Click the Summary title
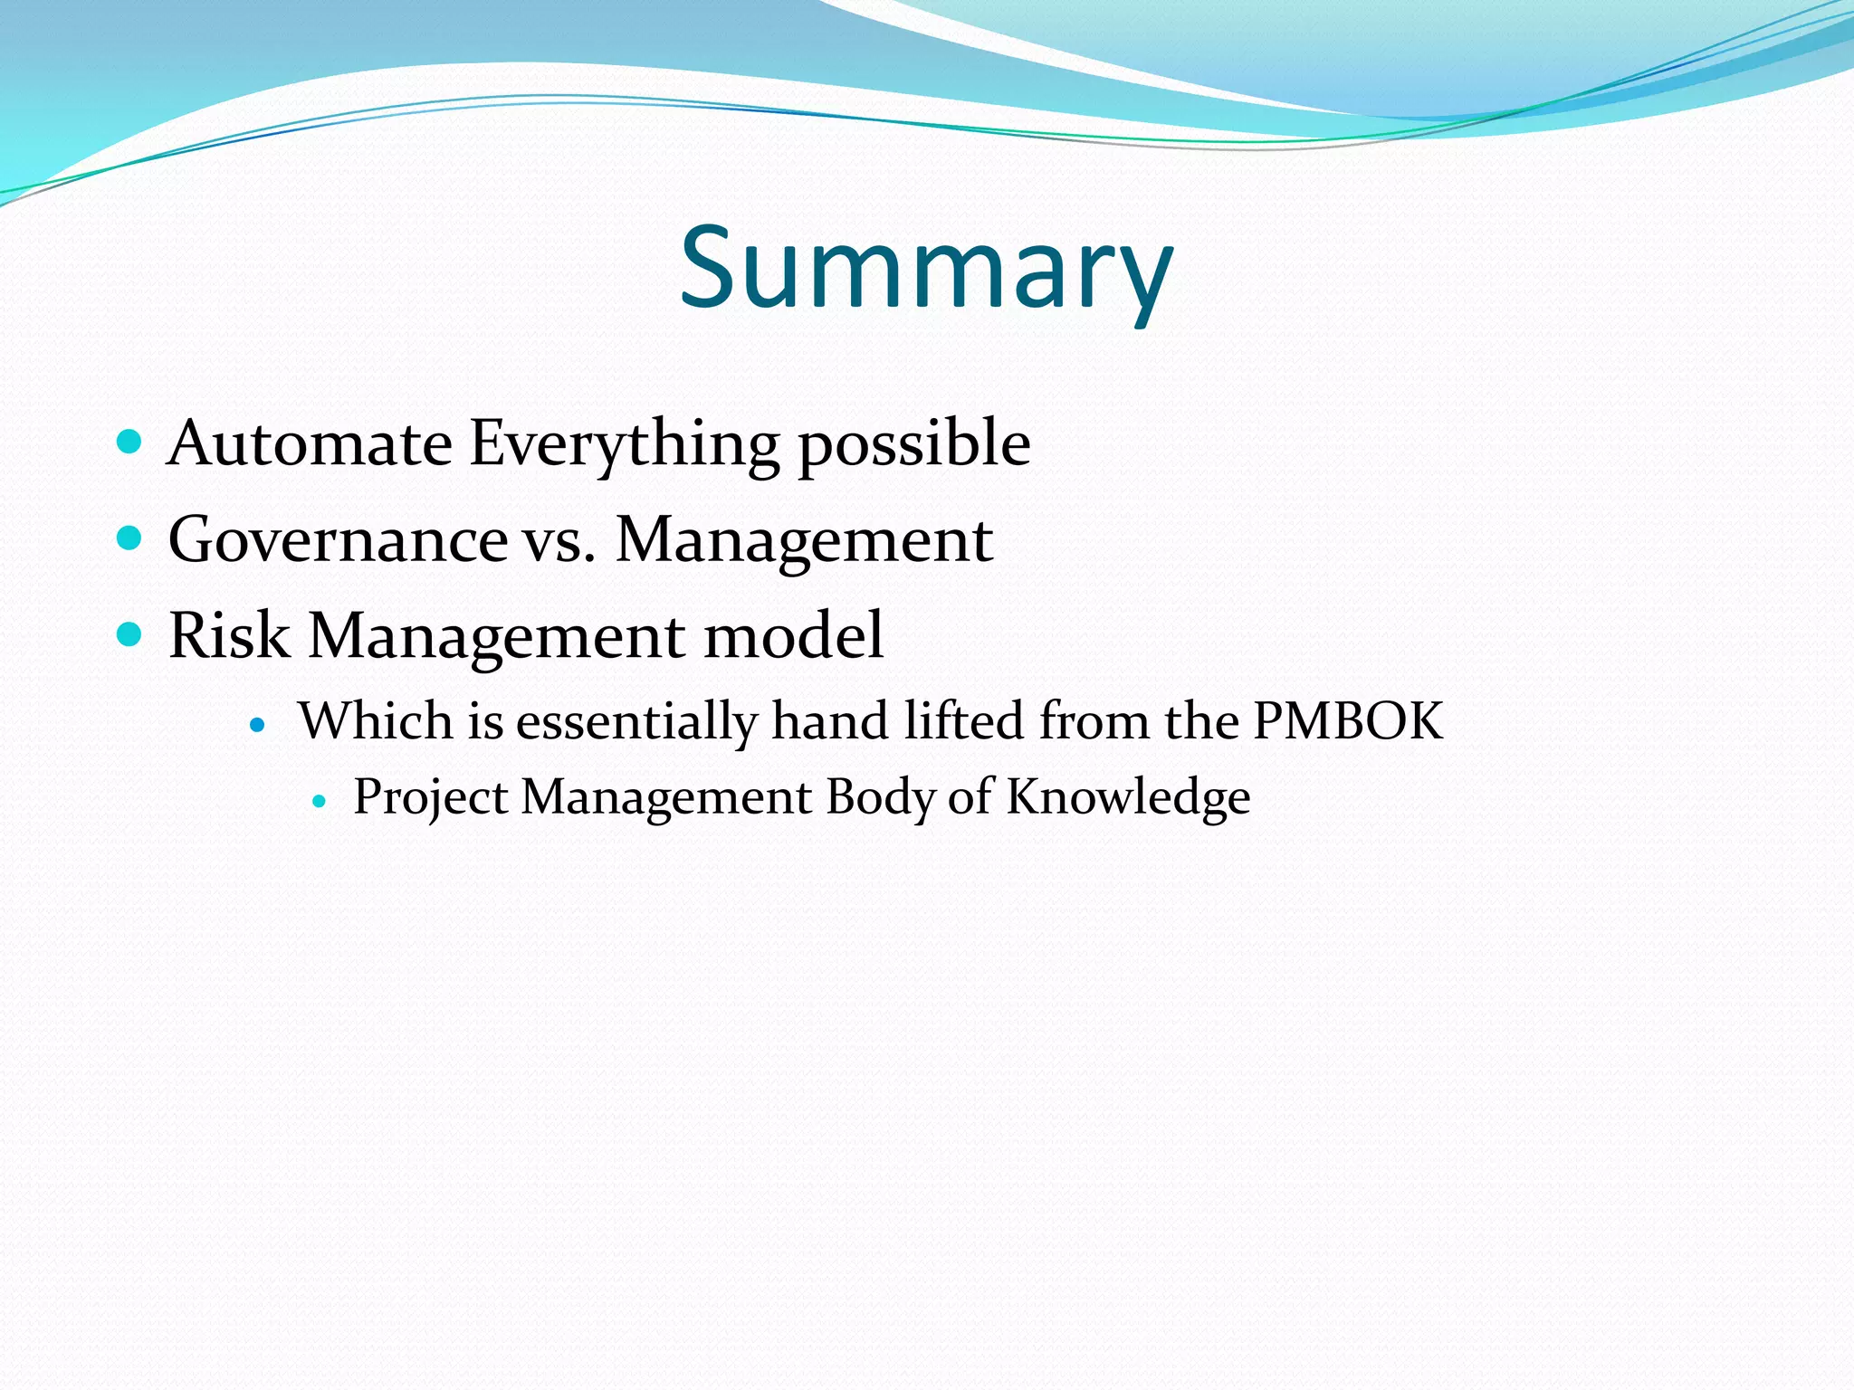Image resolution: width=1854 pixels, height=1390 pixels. [x=926, y=269]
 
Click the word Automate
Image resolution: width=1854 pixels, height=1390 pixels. [x=310, y=443]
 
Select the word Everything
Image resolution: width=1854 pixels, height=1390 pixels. [x=624, y=443]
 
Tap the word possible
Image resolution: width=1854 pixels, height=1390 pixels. [x=913, y=443]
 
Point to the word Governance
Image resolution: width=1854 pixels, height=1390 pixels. [x=338, y=539]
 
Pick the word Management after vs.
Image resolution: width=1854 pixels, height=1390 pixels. [x=804, y=541]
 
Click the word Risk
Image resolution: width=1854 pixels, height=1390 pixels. [x=228, y=635]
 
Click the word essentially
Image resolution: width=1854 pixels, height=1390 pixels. [x=636, y=722]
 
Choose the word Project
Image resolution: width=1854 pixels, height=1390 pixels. [x=430, y=798]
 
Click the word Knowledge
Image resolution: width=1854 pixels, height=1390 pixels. [x=1128, y=798]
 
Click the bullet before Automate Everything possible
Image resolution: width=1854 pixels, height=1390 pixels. [x=130, y=443]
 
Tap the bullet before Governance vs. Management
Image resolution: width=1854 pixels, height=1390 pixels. [x=130, y=539]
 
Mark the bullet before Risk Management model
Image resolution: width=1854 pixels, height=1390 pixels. [x=130, y=634]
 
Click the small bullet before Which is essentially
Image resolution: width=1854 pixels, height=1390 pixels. [x=258, y=725]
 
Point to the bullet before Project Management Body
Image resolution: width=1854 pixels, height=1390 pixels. [x=318, y=801]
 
